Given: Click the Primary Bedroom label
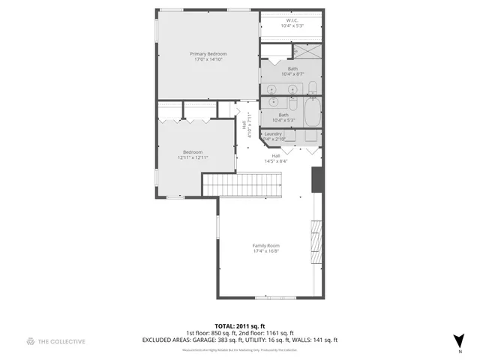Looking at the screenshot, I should (208, 54).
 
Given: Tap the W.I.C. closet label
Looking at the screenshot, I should (292, 20).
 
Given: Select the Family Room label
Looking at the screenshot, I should (265, 245).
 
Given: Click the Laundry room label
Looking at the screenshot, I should (272, 133).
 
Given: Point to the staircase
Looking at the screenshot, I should (242, 184).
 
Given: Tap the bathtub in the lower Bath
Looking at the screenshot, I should (313, 115).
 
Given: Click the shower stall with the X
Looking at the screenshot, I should (307, 51).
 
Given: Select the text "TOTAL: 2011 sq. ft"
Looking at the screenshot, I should (240, 326).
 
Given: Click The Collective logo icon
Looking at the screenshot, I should (31, 341).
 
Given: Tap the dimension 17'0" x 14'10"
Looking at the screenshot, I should (208, 60).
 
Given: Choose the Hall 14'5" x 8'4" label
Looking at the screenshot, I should (276, 158).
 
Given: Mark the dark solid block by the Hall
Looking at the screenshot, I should (317, 178).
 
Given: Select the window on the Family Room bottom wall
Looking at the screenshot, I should (275, 298).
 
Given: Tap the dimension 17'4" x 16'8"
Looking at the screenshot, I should (265, 251).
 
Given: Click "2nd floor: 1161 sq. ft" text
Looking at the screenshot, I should (268, 333).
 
